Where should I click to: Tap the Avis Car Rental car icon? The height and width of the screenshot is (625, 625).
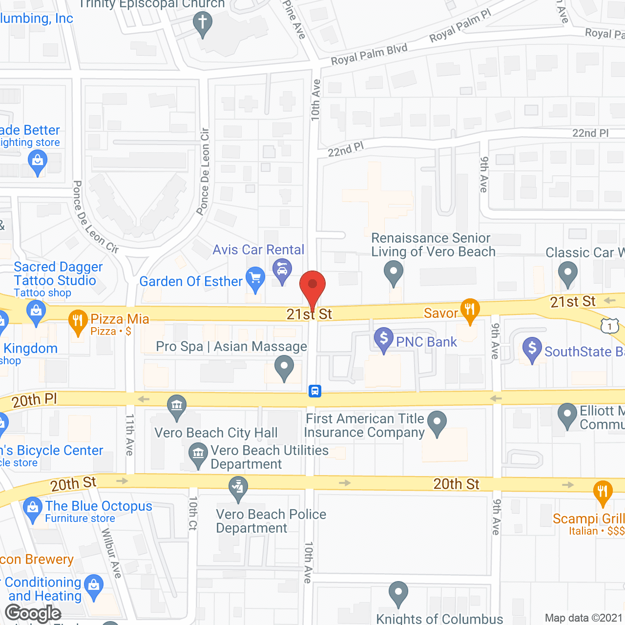tap(282, 271)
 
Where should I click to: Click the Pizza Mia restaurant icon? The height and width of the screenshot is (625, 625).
tap(78, 321)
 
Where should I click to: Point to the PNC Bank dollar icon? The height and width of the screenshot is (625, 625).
tap(384, 338)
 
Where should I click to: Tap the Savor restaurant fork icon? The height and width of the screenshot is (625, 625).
tap(470, 310)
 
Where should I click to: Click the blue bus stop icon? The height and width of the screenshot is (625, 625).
tap(315, 391)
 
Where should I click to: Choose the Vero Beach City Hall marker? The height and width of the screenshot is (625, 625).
tap(177, 406)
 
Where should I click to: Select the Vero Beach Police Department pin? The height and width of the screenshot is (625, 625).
tap(238, 488)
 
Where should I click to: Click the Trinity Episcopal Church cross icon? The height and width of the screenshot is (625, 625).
tap(203, 23)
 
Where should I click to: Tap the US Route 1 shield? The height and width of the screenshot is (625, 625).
tap(610, 326)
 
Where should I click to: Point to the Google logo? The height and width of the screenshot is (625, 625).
tap(33, 613)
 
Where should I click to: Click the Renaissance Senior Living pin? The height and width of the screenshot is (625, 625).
tap(393, 271)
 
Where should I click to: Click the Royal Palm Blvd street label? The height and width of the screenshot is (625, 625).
tap(369, 55)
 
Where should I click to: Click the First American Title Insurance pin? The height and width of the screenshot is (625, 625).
tap(437, 422)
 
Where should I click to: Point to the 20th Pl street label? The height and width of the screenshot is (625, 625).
tap(35, 400)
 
